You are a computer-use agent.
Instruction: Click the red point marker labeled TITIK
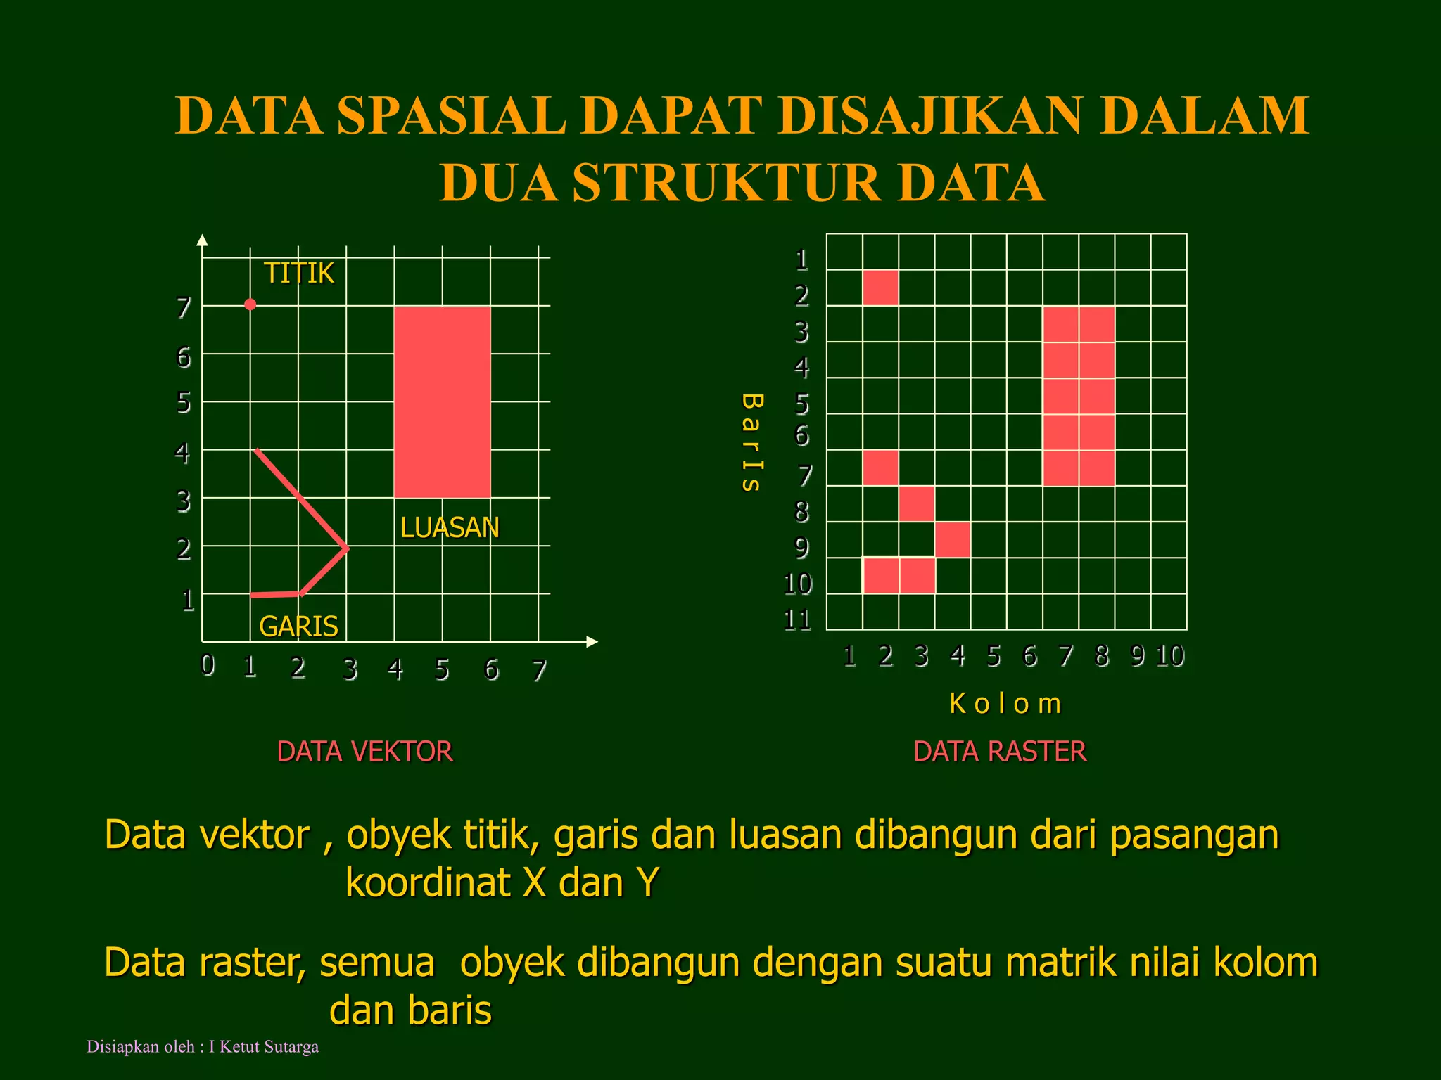coord(250,304)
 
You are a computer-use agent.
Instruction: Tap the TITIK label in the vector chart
coord(299,273)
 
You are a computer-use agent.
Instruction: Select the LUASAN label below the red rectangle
coord(450,527)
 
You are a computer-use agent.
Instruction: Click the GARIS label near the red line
coord(298,626)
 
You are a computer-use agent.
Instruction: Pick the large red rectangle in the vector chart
coord(442,402)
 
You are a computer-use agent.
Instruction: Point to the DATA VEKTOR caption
coord(364,752)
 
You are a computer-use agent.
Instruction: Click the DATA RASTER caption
coord(1000,752)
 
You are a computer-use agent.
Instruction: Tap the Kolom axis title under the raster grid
coord(1005,704)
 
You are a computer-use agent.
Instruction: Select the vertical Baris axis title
coord(751,442)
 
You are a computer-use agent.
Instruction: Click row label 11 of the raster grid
coord(798,620)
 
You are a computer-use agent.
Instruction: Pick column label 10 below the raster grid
coord(1170,656)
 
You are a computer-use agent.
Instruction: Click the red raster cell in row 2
coord(880,288)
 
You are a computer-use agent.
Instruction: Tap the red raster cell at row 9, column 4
coord(953,540)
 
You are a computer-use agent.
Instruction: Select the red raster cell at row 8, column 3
coord(917,503)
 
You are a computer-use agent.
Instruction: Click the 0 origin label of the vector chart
coord(208,664)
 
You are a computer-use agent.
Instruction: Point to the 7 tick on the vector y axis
coord(184,307)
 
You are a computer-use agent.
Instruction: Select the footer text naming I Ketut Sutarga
coord(203,1047)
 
